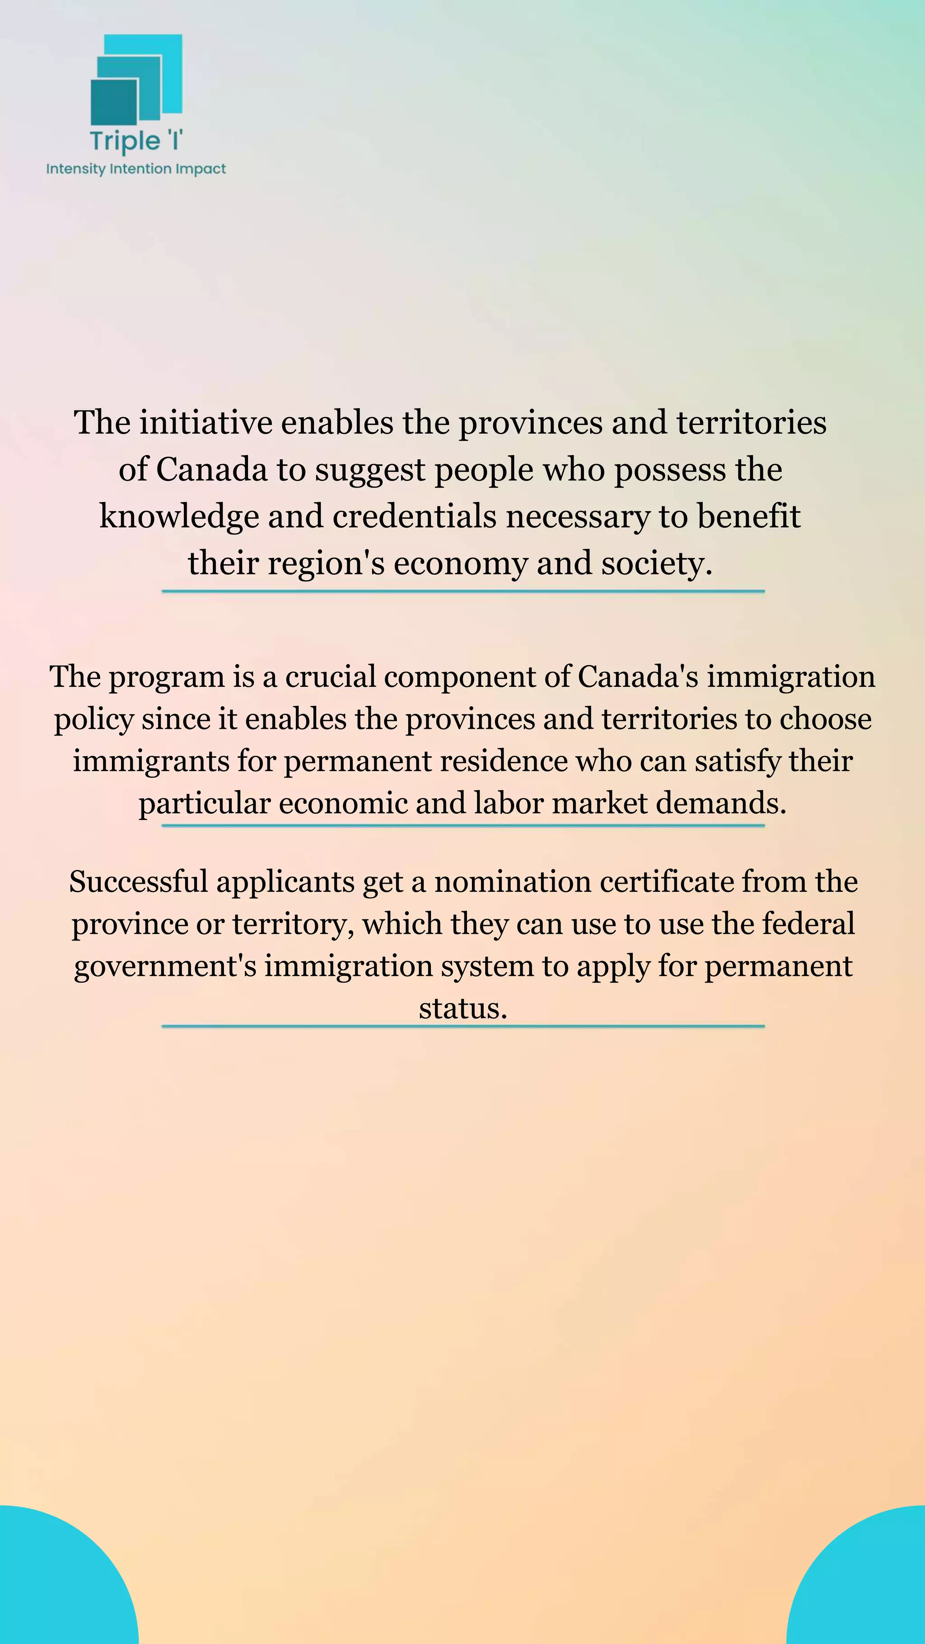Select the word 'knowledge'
(x=179, y=517)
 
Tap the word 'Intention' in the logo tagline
(x=140, y=169)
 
